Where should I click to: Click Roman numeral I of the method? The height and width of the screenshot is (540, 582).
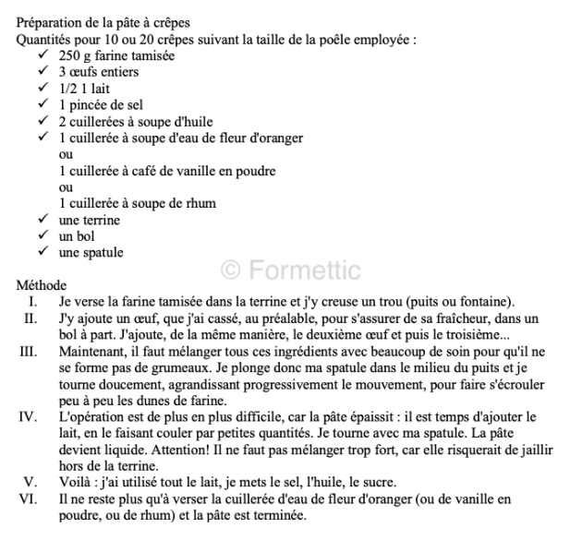(33, 302)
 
